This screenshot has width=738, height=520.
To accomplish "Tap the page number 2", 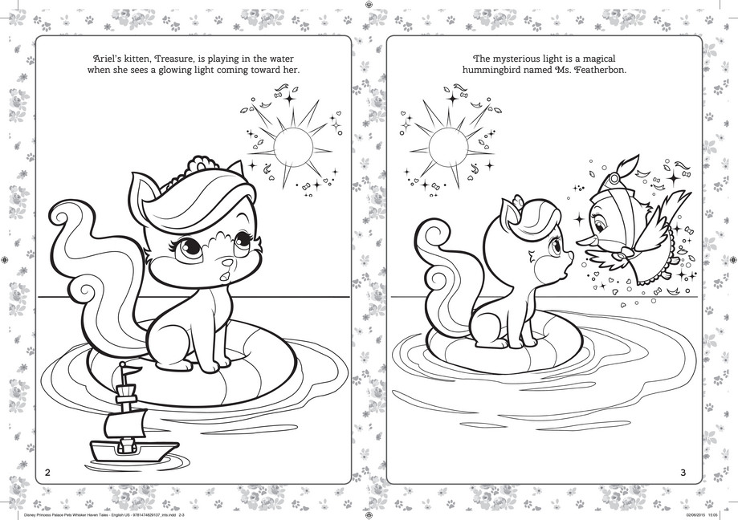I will (x=49, y=472).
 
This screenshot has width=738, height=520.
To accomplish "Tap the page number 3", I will (x=683, y=472).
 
